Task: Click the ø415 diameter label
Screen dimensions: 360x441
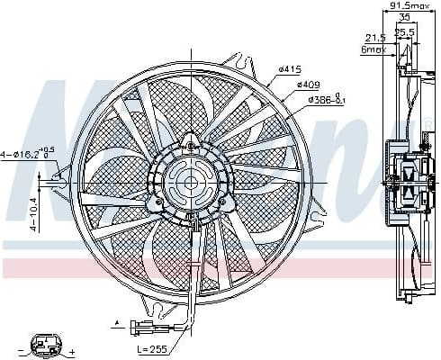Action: pos(289,68)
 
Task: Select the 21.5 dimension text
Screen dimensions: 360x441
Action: pos(375,37)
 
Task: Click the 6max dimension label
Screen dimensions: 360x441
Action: pos(373,49)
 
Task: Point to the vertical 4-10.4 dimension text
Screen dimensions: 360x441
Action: pos(33,214)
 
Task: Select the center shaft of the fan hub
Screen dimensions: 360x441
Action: pos(191,183)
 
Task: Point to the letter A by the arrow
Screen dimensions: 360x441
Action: pos(116,319)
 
